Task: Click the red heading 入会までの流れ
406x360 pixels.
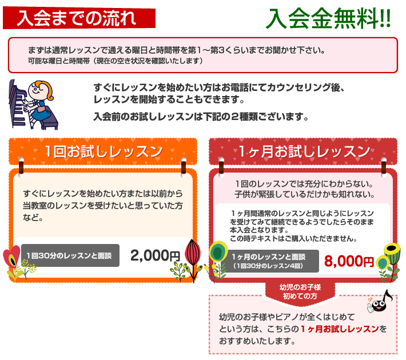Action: [79, 18]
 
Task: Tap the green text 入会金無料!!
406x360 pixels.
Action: [328, 18]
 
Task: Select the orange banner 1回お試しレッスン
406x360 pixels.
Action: [103, 151]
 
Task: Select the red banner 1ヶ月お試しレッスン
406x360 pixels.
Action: [303, 151]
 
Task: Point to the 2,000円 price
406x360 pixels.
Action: [155, 255]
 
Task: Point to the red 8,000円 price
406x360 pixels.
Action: [349, 261]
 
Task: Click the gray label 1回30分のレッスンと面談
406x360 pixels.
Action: [70, 255]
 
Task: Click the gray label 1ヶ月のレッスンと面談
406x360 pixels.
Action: [269, 261]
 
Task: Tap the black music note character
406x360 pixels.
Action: [380, 302]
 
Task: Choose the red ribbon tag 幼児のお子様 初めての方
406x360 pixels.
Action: [300, 293]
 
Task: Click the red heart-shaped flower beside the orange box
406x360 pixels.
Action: [11, 257]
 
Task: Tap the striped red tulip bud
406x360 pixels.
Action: [193, 253]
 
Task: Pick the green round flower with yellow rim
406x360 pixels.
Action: [218, 251]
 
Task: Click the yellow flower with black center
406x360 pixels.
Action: [392, 249]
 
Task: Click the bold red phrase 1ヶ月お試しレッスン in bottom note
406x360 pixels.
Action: [340, 329]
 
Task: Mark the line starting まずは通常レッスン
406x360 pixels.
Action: [176, 50]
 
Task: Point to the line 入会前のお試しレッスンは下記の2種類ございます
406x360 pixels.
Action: [201, 117]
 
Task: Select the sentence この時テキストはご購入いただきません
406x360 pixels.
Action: [293, 239]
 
